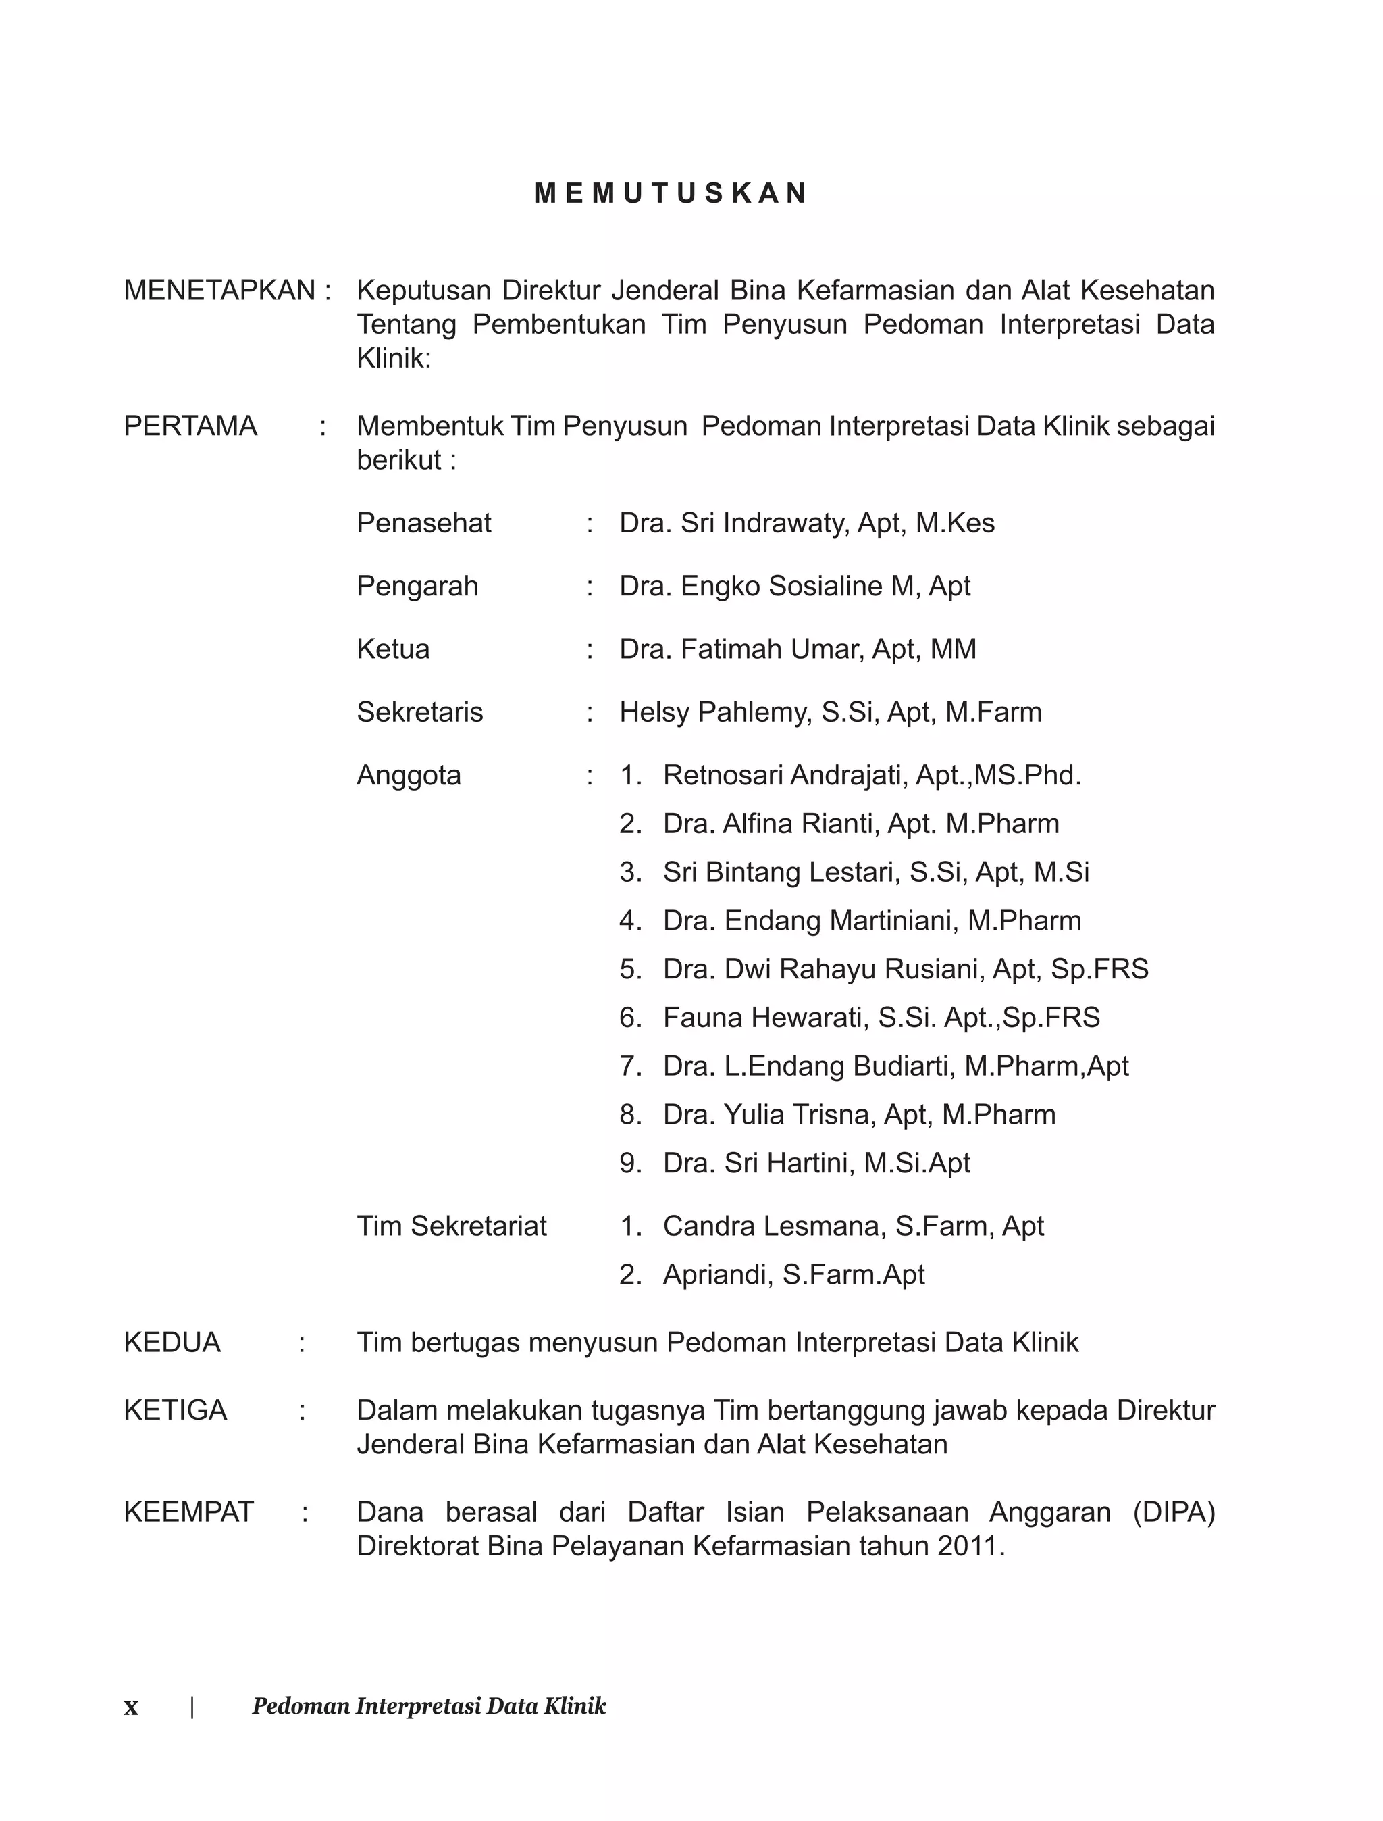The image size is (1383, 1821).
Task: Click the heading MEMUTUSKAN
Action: coord(670,193)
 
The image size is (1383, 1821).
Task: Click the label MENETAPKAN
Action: coord(219,291)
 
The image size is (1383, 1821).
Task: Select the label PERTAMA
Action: coord(190,426)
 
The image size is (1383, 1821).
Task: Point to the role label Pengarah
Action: coord(417,587)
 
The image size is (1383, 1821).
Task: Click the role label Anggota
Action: coord(409,776)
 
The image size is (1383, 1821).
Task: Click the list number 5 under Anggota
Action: coord(630,970)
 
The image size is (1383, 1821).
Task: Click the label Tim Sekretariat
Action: coord(451,1226)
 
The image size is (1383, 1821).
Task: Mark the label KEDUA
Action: coord(172,1343)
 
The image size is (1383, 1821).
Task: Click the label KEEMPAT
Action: coord(188,1512)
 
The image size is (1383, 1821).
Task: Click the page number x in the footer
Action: coord(131,1707)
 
